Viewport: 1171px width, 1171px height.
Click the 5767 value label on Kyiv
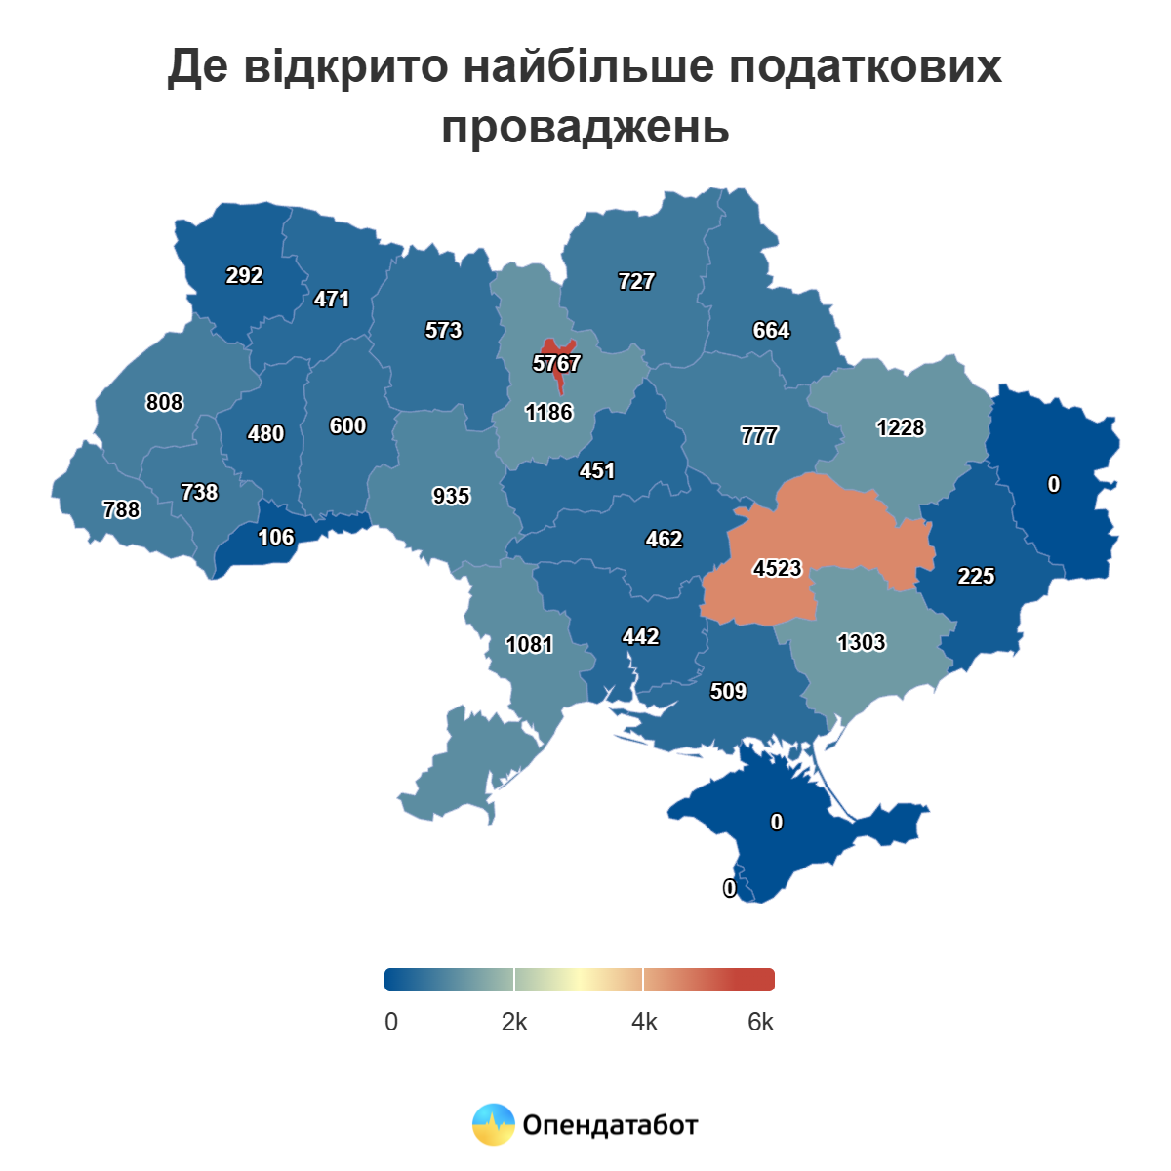(556, 364)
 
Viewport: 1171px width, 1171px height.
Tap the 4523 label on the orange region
(777, 568)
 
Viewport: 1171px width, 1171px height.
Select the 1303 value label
(861, 642)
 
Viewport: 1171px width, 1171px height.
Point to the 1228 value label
(900, 427)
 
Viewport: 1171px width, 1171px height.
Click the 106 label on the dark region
(275, 538)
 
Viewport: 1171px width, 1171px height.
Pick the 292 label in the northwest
(244, 276)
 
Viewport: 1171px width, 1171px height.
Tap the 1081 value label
(529, 644)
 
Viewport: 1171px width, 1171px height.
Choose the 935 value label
(451, 497)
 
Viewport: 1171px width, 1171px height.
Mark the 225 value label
(976, 576)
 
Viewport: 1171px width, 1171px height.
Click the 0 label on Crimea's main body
(777, 823)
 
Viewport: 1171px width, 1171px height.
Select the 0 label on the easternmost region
(1054, 484)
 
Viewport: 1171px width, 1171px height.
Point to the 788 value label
(121, 509)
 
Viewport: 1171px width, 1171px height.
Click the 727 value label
(636, 281)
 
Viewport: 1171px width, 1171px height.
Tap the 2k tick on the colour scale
(514, 1022)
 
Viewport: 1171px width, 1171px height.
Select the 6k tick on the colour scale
(760, 1022)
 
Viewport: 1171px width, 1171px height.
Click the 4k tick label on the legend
(644, 1022)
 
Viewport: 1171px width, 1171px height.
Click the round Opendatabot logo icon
(493, 1124)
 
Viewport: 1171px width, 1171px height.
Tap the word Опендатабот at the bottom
(610, 1125)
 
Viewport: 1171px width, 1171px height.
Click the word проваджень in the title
(585, 127)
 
